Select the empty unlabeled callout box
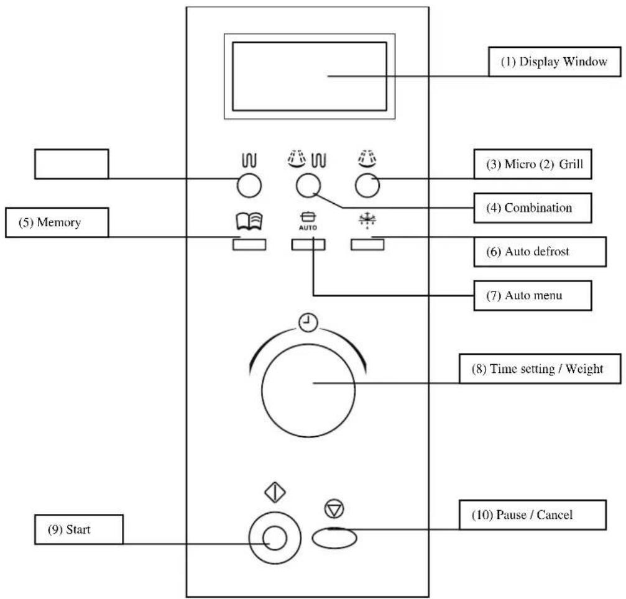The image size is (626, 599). coord(70,164)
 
